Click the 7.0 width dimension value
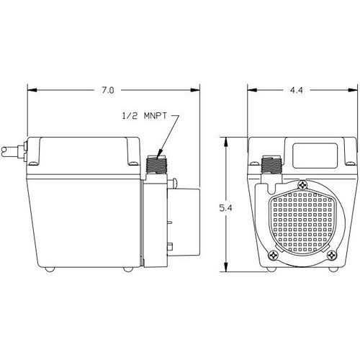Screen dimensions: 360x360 click(107, 90)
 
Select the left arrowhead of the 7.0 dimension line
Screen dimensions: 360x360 click(31, 90)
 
